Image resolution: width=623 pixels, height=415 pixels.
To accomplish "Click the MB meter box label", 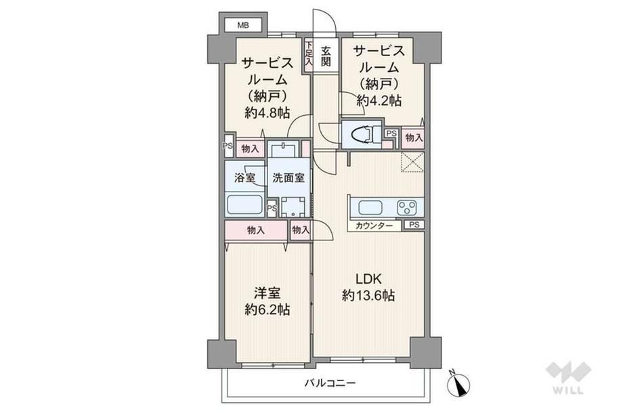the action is pyautogui.click(x=243, y=26).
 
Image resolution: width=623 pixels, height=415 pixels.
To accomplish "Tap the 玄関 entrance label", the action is pyautogui.click(x=326, y=56).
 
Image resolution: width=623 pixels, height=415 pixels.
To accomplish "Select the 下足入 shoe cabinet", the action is pyautogui.click(x=309, y=55).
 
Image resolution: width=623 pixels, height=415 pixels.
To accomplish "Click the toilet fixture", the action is pyautogui.click(x=362, y=133).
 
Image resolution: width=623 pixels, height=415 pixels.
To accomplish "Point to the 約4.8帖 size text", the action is pyautogui.click(x=267, y=113).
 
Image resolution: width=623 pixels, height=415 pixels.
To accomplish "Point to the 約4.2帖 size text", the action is pyautogui.click(x=379, y=100).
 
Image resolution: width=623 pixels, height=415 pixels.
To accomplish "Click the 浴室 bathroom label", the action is pyautogui.click(x=244, y=177).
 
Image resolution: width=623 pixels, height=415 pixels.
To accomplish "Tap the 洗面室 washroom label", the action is pyautogui.click(x=288, y=177).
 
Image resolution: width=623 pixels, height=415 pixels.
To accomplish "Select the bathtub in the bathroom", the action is pyautogui.click(x=244, y=204).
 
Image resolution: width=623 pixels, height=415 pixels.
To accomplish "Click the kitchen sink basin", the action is pyautogui.click(x=370, y=207).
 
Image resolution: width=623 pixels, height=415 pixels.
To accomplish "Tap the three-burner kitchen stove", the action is pyautogui.click(x=406, y=207).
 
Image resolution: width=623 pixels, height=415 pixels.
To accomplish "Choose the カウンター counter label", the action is pyautogui.click(x=374, y=225).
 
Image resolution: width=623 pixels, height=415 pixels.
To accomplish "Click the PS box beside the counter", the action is pyautogui.click(x=414, y=225).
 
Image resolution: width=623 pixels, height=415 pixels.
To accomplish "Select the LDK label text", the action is pyautogui.click(x=368, y=279).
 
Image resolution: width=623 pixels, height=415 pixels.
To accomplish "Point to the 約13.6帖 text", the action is pyautogui.click(x=368, y=295).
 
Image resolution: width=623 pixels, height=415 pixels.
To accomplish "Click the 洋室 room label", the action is pyautogui.click(x=267, y=293).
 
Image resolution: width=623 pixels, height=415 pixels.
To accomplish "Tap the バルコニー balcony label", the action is pyautogui.click(x=330, y=383).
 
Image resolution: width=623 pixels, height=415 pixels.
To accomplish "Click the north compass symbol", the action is pyautogui.click(x=458, y=384).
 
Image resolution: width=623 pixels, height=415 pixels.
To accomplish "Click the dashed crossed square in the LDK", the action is pyautogui.click(x=412, y=162).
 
